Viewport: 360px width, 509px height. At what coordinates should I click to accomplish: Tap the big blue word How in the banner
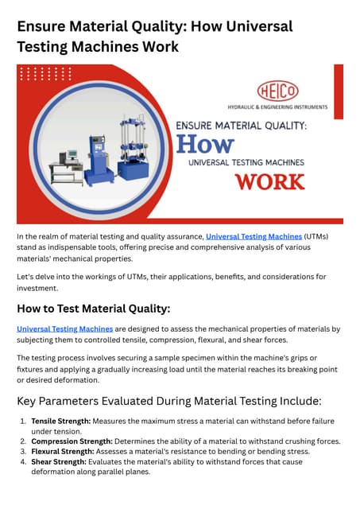pyautogui.click(x=204, y=144)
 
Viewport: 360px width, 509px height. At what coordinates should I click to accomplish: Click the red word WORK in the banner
pyautogui.click(x=269, y=181)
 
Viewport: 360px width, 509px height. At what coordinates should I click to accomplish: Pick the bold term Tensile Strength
pyautogui.click(x=60, y=422)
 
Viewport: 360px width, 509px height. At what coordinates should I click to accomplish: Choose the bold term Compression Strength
pyautogui.click(x=72, y=441)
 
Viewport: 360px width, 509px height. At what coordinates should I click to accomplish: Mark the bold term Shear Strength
pyautogui.click(x=57, y=461)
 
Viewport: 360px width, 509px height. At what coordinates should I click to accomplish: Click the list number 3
pyautogui.click(x=22, y=451)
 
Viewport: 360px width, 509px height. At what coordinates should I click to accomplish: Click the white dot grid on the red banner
pyautogui.click(x=45, y=74)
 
